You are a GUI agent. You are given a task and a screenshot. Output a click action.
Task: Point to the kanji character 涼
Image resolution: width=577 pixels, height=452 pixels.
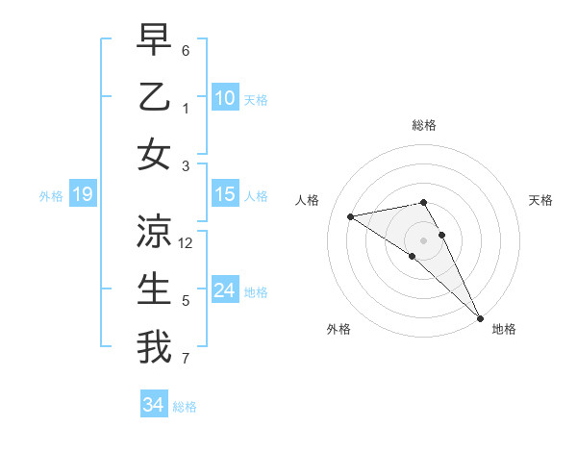pos(155,231)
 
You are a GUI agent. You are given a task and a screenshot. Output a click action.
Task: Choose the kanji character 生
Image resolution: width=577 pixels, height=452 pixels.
pos(155,289)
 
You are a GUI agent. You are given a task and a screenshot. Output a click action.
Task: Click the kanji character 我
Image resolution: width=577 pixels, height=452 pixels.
pos(155,346)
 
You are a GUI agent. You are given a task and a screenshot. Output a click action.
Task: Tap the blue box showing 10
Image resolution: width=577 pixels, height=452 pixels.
pos(225,98)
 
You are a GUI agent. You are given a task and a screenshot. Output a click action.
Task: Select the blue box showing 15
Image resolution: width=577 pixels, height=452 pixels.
pos(225,195)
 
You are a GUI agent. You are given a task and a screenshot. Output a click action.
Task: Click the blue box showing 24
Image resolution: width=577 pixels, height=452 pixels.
pos(225,291)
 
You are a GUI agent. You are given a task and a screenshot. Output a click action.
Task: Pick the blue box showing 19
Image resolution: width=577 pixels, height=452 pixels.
pos(82,195)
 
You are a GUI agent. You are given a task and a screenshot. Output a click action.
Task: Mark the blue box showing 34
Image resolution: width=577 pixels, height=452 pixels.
pos(154,406)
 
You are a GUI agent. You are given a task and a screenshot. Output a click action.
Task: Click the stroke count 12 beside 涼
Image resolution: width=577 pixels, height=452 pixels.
pos(187,243)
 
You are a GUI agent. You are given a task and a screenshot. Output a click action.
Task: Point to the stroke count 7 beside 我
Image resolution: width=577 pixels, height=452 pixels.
pos(186,360)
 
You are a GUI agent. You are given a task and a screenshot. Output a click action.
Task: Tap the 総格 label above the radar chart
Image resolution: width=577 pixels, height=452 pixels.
pos(424,125)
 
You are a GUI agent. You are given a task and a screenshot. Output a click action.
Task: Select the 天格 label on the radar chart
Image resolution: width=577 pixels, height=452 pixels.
pos(541,200)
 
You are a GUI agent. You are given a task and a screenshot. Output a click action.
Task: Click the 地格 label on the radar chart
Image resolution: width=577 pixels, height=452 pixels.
pos(504,329)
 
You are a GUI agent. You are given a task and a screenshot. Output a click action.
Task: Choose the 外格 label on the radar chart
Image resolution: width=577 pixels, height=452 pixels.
pos(339,329)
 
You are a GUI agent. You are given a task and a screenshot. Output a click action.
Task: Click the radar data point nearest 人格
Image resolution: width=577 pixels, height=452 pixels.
pos(351,216)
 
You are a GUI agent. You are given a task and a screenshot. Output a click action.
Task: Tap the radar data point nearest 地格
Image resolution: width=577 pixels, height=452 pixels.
pos(480,317)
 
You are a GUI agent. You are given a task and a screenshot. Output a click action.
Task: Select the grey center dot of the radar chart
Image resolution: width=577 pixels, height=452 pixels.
pos(423,240)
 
